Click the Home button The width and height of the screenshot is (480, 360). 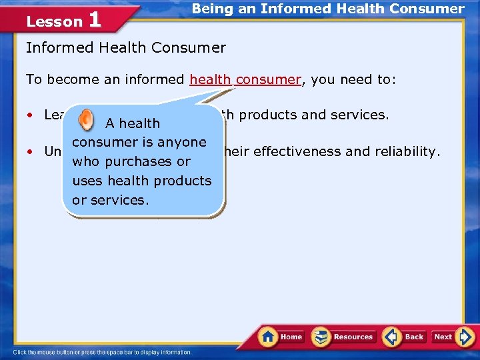tap(281, 337)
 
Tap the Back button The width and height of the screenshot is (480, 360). tap(404, 337)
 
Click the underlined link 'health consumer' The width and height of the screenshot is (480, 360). tap(245, 80)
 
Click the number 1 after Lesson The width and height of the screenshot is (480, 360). tap(94, 19)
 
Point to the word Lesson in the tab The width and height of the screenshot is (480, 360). tap(54, 21)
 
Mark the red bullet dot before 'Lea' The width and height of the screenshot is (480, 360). tap(31, 115)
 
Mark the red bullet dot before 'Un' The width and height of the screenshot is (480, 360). tap(31, 151)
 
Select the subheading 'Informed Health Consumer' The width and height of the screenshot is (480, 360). tap(125, 48)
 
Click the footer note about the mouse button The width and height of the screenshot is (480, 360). tap(102, 352)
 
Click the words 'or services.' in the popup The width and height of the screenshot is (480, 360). tap(111, 200)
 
